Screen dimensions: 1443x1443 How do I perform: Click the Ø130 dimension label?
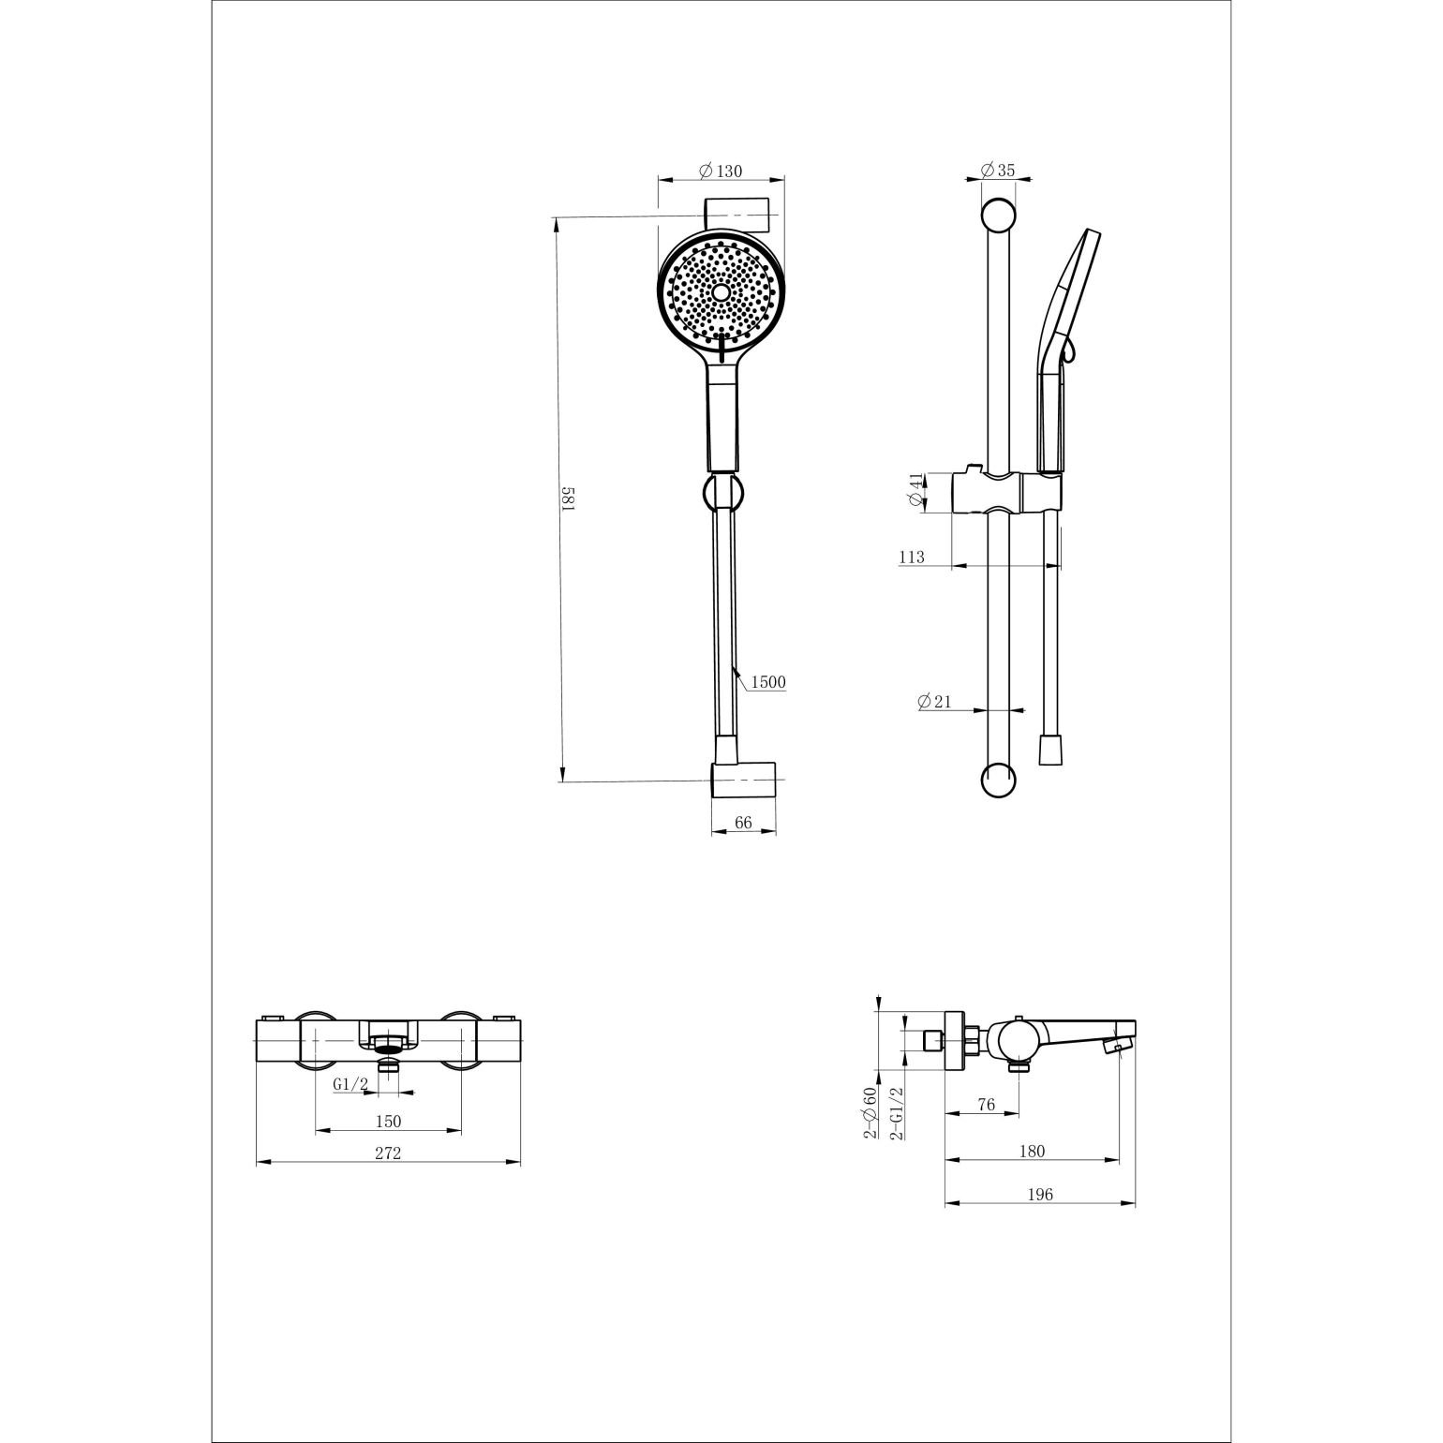[721, 171]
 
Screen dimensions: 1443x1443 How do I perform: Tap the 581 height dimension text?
[567, 498]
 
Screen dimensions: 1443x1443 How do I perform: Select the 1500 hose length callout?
[767, 682]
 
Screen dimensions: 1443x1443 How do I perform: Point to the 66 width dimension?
[743, 823]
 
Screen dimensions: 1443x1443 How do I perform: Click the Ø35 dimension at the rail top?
[998, 170]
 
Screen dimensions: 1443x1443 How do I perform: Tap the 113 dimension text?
[912, 558]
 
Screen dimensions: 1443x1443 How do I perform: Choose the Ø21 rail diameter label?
[935, 701]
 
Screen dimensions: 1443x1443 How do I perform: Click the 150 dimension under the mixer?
[388, 1121]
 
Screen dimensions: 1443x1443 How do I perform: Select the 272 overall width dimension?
[388, 1153]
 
